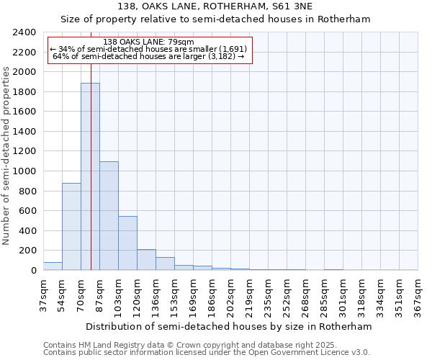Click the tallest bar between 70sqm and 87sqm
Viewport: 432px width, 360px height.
pos(90,176)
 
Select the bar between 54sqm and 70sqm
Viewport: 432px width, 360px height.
pos(71,227)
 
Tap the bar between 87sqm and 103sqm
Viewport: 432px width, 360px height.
pos(109,216)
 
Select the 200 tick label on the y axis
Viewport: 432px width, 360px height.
pos(28,251)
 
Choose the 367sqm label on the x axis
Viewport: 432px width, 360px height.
pos(418,295)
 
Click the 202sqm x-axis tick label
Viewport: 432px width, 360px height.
pos(230,295)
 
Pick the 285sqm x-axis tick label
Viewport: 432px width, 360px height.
pos(324,295)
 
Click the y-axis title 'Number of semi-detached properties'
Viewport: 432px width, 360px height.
pos(7,155)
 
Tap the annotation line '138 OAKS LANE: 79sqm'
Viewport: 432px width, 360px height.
pos(149,42)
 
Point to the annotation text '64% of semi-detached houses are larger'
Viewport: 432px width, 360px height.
pos(150,56)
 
